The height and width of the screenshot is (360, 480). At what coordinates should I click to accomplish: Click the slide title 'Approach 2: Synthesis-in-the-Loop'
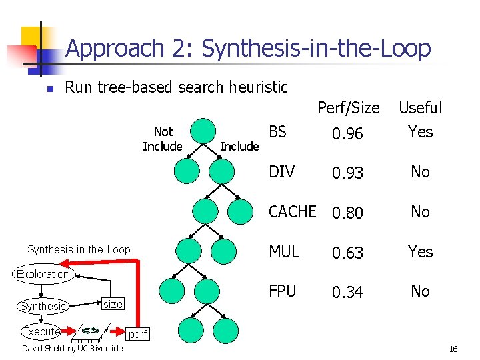[248, 48]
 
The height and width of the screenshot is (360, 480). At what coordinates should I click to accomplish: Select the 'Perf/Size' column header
[348, 108]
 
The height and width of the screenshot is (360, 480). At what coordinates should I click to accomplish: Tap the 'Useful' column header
[420, 108]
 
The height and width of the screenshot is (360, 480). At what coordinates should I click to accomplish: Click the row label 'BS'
[278, 131]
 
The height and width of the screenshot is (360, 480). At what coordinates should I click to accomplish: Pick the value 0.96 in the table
[348, 134]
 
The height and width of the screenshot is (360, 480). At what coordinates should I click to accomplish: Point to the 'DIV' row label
[281, 172]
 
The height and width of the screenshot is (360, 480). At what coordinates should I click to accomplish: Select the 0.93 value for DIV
[348, 173]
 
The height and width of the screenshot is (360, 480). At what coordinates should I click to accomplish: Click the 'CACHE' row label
[292, 212]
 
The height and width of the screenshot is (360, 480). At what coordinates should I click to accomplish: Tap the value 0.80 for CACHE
[348, 213]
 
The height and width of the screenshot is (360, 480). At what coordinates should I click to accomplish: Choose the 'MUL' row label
[284, 252]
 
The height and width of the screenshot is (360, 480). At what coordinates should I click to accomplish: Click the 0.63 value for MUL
[348, 253]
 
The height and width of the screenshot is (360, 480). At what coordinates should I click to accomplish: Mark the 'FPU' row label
[282, 291]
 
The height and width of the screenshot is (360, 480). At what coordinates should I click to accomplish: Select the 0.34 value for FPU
[348, 292]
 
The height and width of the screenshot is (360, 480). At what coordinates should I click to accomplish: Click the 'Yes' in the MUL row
[420, 252]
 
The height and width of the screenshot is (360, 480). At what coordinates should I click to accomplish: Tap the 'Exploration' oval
[43, 274]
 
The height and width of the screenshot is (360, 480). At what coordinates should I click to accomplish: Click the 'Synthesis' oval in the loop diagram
[43, 306]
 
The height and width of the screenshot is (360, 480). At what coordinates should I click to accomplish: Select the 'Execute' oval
[41, 331]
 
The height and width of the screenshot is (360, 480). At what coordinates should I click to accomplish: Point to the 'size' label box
[113, 304]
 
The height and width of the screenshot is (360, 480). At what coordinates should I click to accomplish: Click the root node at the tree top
[203, 131]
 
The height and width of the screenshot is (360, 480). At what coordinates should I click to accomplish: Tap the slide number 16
[453, 349]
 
